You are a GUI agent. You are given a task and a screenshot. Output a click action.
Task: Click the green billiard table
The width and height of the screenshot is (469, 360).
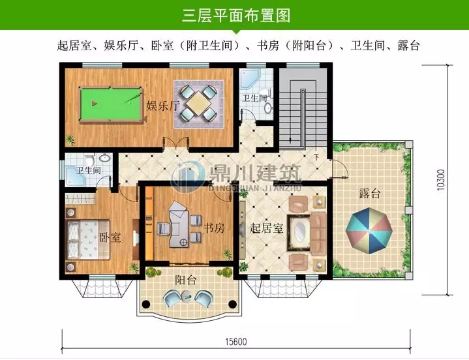click(109, 102)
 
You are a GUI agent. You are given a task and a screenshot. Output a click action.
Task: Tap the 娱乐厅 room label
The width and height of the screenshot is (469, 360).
click(162, 106)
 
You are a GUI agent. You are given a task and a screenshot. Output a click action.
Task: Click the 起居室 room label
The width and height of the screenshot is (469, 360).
click(266, 229)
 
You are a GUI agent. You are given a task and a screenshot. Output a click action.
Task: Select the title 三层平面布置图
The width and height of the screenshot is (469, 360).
click(235, 15)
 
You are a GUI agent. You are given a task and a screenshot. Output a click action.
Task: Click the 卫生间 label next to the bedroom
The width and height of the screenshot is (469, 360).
click(88, 171)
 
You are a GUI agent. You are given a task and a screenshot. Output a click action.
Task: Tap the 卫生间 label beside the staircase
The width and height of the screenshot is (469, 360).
click(254, 98)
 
